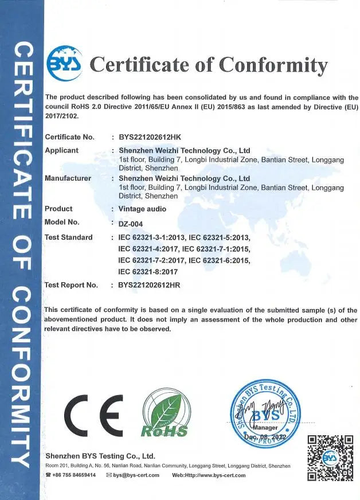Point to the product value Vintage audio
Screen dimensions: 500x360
(142, 209)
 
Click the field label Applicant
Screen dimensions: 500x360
(61, 150)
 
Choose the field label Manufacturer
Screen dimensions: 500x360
(68, 178)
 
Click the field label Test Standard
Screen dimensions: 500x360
(68, 237)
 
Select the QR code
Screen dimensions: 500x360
(330, 458)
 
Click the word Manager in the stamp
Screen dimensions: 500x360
(263, 428)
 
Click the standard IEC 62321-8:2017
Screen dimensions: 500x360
(148, 271)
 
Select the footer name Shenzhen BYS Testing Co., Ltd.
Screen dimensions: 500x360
(100, 456)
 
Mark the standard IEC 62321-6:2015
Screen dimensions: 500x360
(219, 260)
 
